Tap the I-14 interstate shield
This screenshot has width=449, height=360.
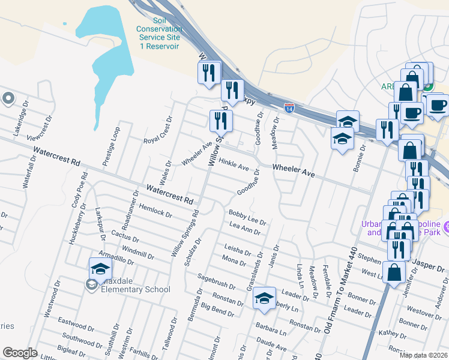click(x=289, y=109)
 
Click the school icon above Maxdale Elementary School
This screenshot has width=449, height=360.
click(x=100, y=268)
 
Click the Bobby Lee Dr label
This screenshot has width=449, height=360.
click(x=247, y=217)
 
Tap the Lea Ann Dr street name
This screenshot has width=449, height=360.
click(x=244, y=228)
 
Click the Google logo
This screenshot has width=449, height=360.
click(x=20, y=353)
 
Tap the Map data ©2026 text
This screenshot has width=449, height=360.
click(x=423, y=355)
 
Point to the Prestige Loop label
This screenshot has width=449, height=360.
click(x=112, y=146)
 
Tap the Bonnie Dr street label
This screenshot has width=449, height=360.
click(x=360, y=158)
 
